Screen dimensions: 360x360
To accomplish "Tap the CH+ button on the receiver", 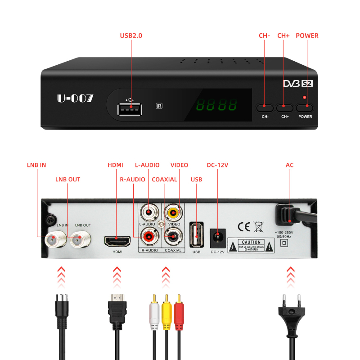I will tap(284, 108).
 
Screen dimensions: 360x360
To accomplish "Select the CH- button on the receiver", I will tap(265, 108).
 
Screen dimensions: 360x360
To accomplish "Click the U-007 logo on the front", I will tap(75, 98).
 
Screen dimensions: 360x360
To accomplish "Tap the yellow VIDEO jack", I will tap(174, 211).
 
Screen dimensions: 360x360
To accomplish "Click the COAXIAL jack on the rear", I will tap(173, 234).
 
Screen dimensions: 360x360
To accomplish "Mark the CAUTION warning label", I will tap(251, 245).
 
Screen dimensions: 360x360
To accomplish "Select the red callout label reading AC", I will tap(289, 165).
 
